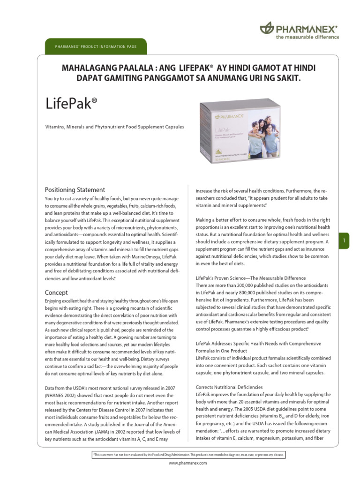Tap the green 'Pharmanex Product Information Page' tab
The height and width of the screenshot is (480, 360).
tap(96, 46)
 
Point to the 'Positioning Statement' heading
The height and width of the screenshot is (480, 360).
tap(75, 190)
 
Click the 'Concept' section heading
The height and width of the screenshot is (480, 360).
tap(56, 292)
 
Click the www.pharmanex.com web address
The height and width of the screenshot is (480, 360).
tap(187, 463)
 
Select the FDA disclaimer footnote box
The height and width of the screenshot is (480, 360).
tap(187, 455)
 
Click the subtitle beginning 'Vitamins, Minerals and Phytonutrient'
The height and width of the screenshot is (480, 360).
tap(114, 127)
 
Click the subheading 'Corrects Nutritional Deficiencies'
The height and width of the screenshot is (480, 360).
tap(229, 387)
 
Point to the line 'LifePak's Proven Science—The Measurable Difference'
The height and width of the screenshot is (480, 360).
tap(250, 278)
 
